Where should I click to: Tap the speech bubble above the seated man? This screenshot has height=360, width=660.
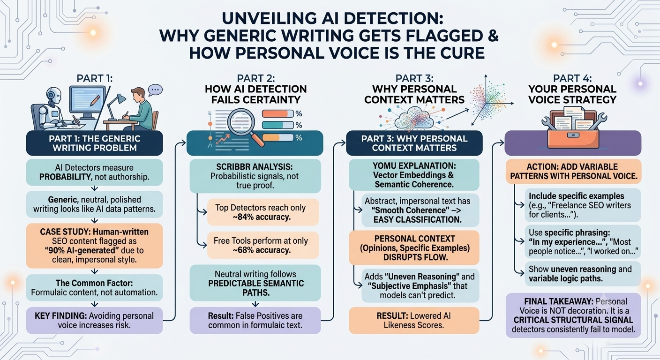tap(155, 90)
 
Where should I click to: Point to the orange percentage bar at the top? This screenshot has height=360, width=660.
tap(277, 114)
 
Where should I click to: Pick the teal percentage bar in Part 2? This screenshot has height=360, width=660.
tap(277, 125)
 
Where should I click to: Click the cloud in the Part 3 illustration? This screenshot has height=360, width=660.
tap(414, 119)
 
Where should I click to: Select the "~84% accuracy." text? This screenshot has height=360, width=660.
tap(261, 217)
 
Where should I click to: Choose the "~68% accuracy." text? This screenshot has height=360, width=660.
tap(261, 250)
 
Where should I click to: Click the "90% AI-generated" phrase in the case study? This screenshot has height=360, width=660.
tap(80, 250)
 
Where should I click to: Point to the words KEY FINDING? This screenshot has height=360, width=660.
tap(60, 316)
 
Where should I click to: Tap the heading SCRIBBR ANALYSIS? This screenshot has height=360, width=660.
tap(255, 167)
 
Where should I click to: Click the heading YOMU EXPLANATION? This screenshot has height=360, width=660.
tap(414, 165)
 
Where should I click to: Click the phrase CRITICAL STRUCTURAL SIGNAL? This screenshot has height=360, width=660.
tap(573, 320)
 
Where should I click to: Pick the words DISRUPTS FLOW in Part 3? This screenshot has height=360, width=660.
tap(415, 257)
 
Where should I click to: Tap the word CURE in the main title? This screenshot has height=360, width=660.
tap(459, 53)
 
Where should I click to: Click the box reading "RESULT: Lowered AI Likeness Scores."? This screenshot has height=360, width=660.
tap(414, 320)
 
